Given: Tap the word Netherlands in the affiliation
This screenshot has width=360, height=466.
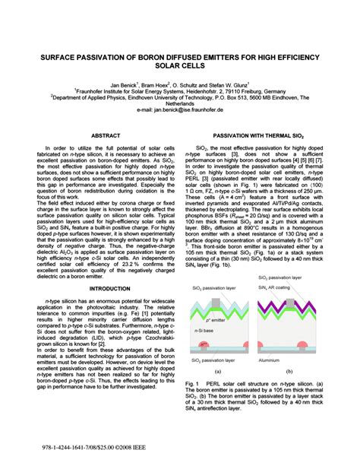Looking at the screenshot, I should (x=180, y=103).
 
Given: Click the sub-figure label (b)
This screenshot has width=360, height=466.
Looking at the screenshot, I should (x=289, y=372).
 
